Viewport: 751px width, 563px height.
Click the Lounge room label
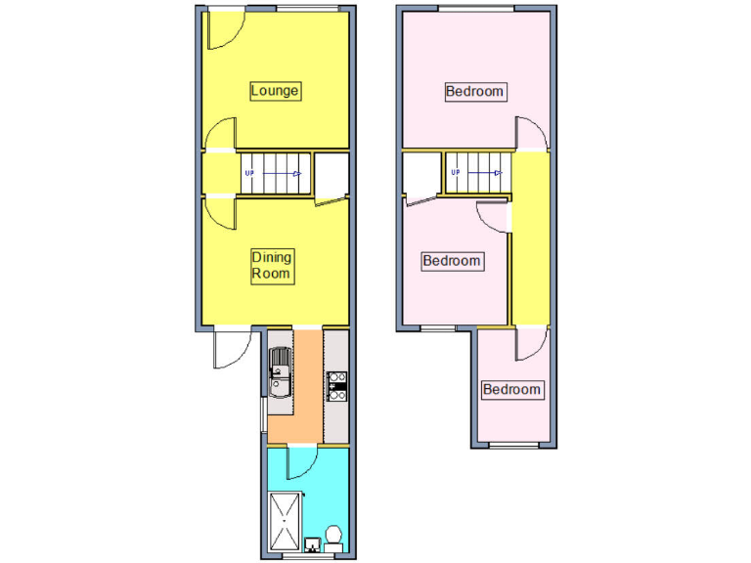tap(275, 91)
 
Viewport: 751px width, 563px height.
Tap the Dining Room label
tap(272, 266)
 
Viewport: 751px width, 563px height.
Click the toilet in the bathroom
tap(333, 539)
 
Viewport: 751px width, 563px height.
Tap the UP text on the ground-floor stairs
tap(249, 174)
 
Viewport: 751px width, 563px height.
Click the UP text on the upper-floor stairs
tap(455, 174)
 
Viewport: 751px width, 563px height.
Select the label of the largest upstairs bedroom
tap(475, 92)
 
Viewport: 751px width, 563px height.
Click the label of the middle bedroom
tap(451, 261)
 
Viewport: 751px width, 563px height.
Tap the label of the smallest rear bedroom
tap(512, 390)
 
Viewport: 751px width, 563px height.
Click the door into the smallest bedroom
tap(533, 342)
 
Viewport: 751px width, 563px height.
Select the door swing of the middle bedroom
tap(492, 217)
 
